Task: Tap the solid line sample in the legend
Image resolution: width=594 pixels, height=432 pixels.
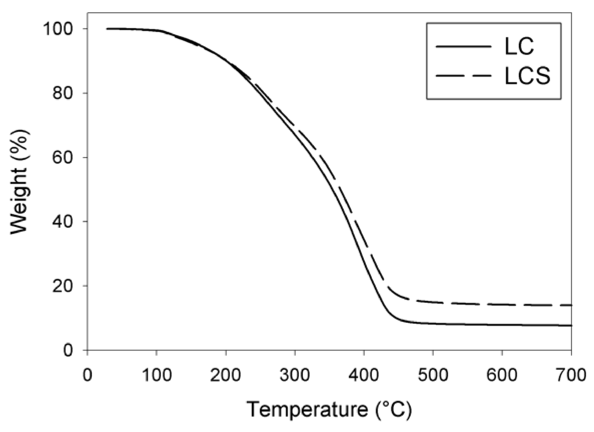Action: (463, 47)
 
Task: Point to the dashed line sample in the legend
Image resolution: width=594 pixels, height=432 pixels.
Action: (463, 76)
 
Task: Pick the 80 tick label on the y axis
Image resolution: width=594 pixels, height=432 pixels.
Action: (63, 93)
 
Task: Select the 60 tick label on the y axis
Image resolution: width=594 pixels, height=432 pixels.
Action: (63, 158)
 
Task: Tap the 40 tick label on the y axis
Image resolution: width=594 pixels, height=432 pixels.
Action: (63, 221)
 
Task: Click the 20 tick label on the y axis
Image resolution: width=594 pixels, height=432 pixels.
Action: (63, 286)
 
